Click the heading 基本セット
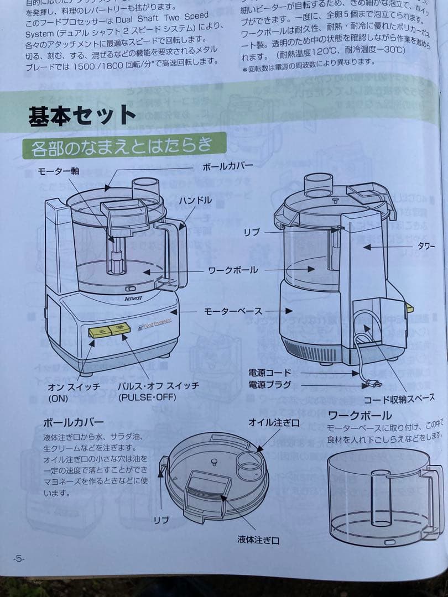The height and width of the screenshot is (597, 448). (x=82, y=116)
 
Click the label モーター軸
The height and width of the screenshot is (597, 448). (x=58, y=171)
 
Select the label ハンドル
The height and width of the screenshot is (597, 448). (x=195, y=201)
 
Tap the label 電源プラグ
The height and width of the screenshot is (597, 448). (x=269, y=384)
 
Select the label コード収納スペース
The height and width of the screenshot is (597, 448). (x=398, y=399)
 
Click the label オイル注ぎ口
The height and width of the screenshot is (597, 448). (x=274, y=423)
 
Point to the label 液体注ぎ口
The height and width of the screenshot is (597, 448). (x=258, y=540)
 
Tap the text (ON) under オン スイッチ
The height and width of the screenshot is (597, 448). (x=58, y=398)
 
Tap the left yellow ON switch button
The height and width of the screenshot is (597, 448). (x=100, y=332)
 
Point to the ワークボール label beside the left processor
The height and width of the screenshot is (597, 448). (x=233, y=270)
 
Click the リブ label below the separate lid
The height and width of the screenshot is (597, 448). (x=161, y=520)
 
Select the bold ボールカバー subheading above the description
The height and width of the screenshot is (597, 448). (x=73, y=423)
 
